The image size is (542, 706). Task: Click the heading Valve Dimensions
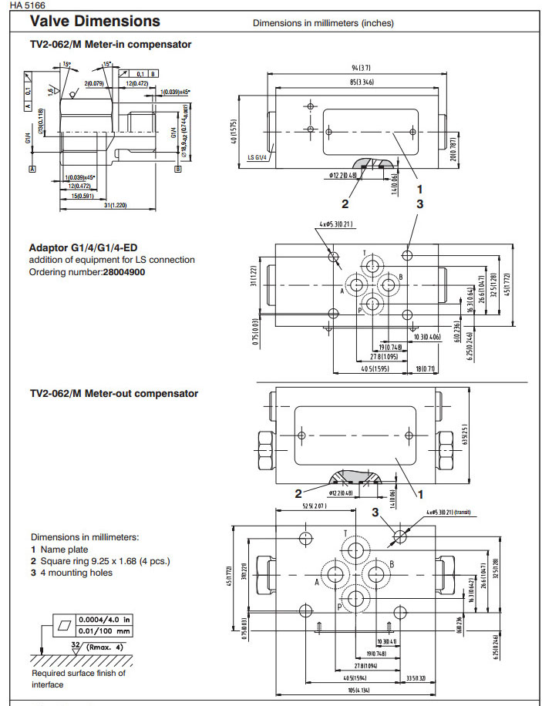pyautogui.click(x=95, y=22)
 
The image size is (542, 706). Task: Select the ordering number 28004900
pyautogui.click(x=123, y=272)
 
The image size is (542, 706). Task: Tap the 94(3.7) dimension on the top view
pyautogui.click(x=352, y=69)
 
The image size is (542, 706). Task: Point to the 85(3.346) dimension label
pyautogui.click(x=352, y=82)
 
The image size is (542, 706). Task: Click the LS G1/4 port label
pyautogui.click(x=257, y=158)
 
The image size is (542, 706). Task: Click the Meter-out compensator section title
pyautogui.click(x=113, y=393)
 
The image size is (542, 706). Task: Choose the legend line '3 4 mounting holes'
pyautogui.click(x=72, y=573)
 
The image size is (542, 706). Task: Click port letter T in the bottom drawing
pyautogui.click(x=345, y=533)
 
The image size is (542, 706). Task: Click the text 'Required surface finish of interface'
pyautogui.click(x=78, y=678)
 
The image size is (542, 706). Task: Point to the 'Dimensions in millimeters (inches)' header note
pyautogui.click(x=323, y=23)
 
